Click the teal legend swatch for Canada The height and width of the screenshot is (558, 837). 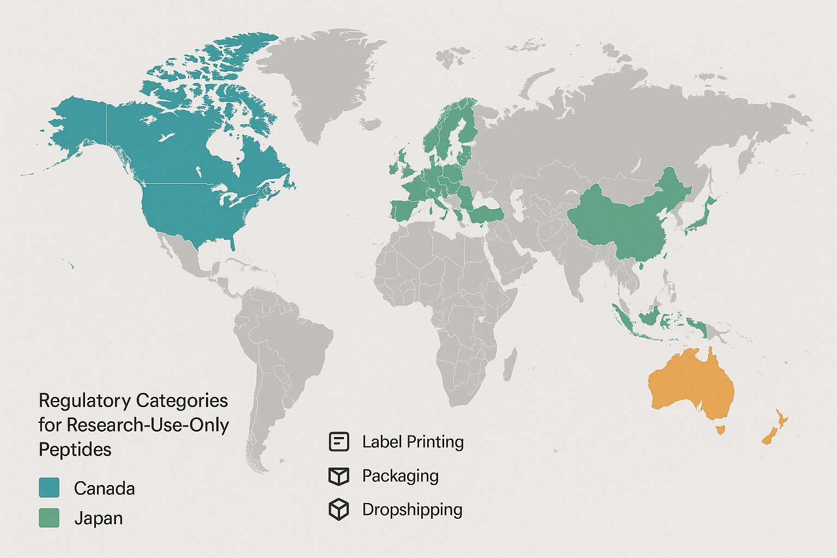49,487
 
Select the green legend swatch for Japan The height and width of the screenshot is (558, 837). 49,518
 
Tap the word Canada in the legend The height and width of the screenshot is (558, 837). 104,488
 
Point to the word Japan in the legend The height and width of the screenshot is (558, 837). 98,518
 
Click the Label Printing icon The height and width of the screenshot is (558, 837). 338,441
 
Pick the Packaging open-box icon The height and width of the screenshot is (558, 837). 338,476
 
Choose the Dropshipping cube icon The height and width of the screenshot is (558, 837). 338,510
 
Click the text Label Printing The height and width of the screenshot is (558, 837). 413,441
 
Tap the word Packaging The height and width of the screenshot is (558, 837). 400,476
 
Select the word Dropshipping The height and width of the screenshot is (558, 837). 412,510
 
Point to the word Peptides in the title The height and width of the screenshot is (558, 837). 75,450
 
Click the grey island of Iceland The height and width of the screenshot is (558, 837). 370,125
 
